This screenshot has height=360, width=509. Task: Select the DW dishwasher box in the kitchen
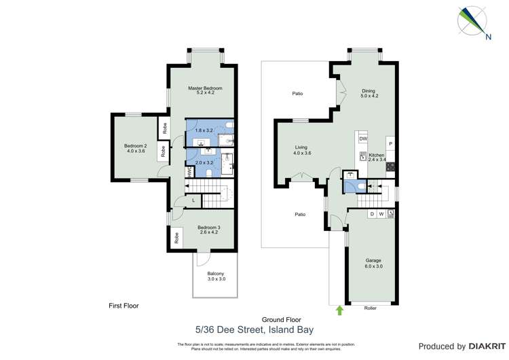[x=363, y=139]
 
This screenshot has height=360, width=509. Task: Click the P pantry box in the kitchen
[x=390, y=144]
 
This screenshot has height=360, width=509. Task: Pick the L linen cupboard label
[x=193, y=200]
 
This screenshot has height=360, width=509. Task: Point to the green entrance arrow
[x=339, y=310]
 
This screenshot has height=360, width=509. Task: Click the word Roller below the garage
[x=370, y=308]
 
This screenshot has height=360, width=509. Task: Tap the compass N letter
[x=487, y=37]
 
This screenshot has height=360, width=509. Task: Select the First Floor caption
[x=124, y=306]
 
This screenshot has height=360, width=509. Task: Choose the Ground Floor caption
[x=281, y=319]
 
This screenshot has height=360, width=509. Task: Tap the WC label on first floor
[x=189, y=173]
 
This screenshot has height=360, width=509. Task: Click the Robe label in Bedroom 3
[x=176, y=238]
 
